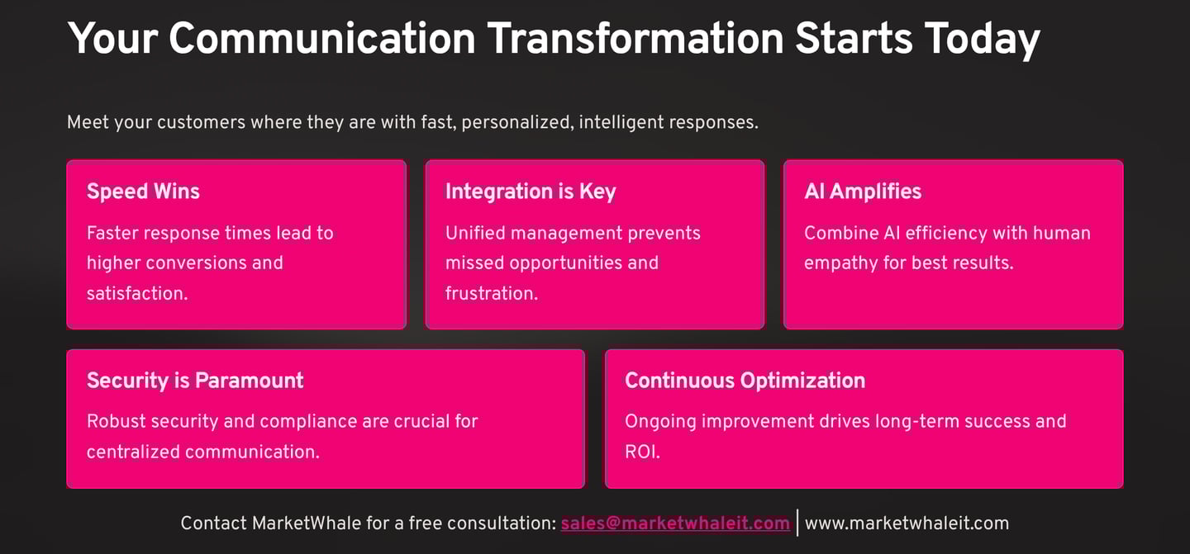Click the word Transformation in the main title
point(635,38)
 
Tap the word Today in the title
point(982,40)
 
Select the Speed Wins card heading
point(143,191)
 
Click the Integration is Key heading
point(531,192)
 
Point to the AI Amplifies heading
point(863,191)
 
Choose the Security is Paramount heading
point(195,381)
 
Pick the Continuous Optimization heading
point(745,381)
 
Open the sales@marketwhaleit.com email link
point(675,523)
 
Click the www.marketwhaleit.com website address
point(907,523)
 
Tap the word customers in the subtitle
point(201,122)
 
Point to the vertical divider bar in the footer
point(797,523)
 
